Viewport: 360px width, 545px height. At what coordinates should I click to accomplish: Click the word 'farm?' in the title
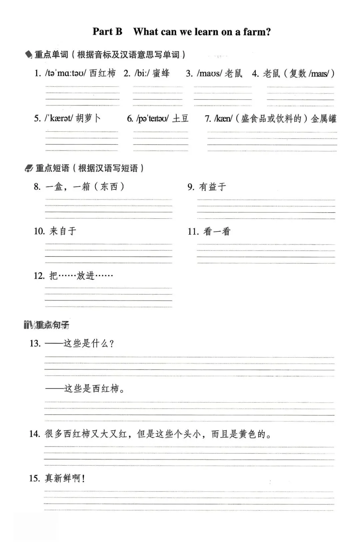pyautogui.click(x=257, y=32)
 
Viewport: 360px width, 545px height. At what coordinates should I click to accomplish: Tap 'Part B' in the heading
pyautogui.click(x=107, y=32)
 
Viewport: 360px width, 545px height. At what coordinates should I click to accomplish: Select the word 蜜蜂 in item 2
pyautogui.click(x=161, y=73)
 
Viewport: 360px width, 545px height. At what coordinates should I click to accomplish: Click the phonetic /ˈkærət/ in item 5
pyautogui.click(x=58, y=118)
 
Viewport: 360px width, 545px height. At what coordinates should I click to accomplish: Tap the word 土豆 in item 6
pyautogui.click(x=180, y=118)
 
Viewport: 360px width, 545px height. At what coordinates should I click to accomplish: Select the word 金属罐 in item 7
pyautogui.click(x=323, y=119)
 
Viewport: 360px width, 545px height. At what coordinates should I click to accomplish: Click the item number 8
pyautogui.click(x=37, y=186)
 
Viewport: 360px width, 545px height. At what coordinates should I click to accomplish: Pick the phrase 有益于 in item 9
pyautogui.click(x=212, y=187)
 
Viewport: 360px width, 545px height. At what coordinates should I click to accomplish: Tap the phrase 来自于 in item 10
pyautogui.click(x=63, y=231)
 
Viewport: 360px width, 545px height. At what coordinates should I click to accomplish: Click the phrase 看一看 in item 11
pyautogui.click(x=217, y=231)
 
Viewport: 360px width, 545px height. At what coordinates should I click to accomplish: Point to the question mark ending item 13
pyautogui.click(x=112, y=344)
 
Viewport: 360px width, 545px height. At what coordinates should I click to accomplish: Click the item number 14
pyautogui.click(x=34, y=434)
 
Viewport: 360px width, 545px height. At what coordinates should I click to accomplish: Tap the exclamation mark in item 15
pyautogui.click(x=83, y=479)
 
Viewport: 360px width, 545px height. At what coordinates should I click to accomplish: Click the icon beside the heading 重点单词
pyautogui.click(x=29, y=54)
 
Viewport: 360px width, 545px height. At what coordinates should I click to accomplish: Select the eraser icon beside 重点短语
pyautogui.click(x=29, y=168)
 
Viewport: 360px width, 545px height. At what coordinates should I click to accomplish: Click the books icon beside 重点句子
pyautogui.click(x=28, y=325)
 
